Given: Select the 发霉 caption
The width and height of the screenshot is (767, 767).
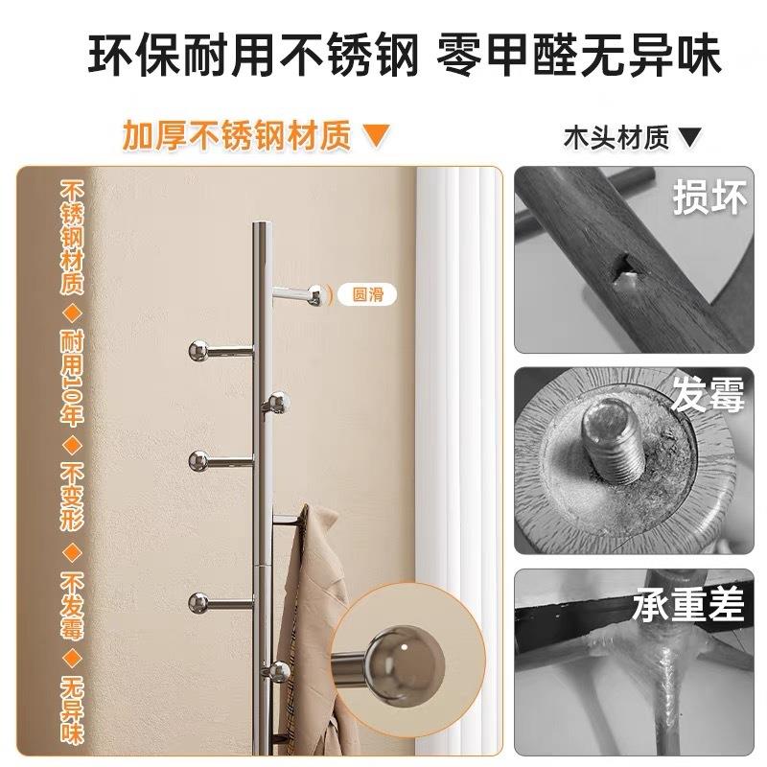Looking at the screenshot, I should point(708,395).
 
